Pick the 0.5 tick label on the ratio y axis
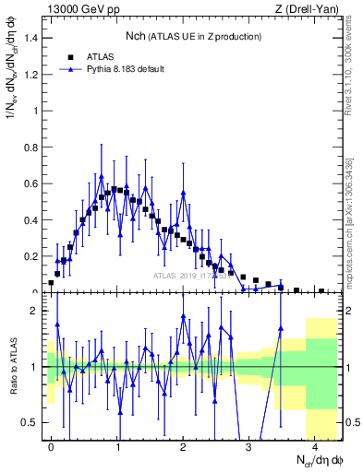tap(31, 422)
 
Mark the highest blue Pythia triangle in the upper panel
tap(102, 177)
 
